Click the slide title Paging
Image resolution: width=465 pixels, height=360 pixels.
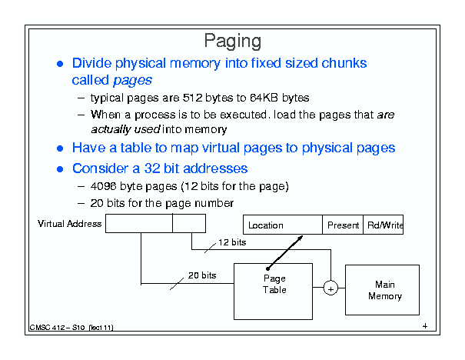click(x=232, y=41)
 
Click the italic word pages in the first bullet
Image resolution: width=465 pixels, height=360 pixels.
click(x=132, y=80)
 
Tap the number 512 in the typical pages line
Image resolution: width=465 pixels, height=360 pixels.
click(x=192, y=98)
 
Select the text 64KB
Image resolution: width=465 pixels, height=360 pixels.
click(x=264, y=98)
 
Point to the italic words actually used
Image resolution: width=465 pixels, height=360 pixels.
click(x=125, y=129)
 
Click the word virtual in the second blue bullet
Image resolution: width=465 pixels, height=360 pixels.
click(x=221, y=148)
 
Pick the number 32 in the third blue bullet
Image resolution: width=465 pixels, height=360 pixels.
click(x=152, y=168)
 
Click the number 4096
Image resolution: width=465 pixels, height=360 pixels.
click(x=103, y=186)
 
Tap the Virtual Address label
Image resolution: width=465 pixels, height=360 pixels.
click(x=69, y=224)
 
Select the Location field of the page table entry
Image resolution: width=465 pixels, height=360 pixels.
click(x=283, y=225)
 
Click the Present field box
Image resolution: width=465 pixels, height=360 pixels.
click(x=343, y=225)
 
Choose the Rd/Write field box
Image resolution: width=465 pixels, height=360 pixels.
click(x=384, y=225)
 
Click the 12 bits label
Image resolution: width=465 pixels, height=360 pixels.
click(x=232, y=242)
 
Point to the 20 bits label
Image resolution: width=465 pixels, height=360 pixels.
click(x=202, y=275)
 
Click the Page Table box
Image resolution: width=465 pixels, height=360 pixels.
click(x=273, y=292)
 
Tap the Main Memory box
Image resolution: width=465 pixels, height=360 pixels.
click(x=382, y=290)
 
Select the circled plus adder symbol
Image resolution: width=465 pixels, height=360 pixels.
click(x=330, y=288)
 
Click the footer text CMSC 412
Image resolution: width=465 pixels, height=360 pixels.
click(x=47, y=328)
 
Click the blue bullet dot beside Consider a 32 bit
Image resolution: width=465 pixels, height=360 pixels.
click(x=60, y=169)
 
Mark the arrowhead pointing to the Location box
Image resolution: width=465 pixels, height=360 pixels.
click(x=300, y=238)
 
